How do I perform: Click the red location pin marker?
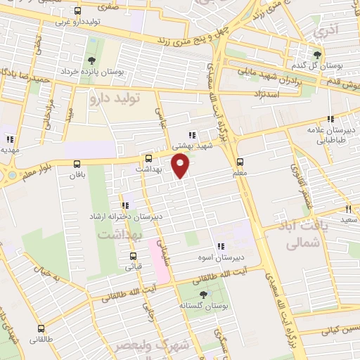181,165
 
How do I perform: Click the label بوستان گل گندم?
318,65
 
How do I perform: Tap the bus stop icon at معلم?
240,161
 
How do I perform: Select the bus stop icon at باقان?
77,164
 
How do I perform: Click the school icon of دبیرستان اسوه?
220,246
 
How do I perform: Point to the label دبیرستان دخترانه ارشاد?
125,217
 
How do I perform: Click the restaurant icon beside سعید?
348,209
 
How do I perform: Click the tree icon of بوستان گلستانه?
203,295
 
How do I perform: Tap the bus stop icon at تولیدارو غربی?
77,11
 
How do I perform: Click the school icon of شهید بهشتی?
193,135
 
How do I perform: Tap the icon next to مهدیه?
9,139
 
